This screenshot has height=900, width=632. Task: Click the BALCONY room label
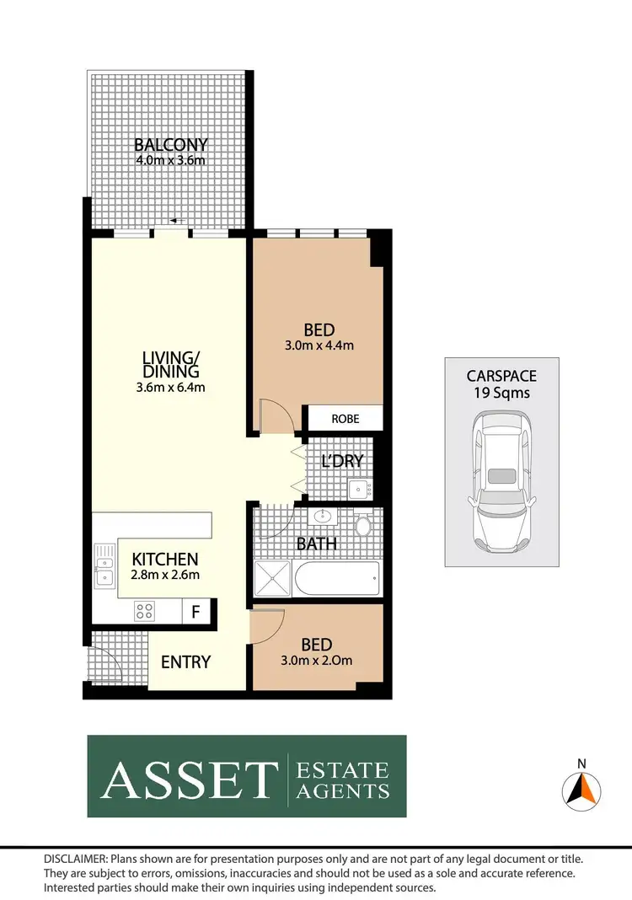pos(171,145)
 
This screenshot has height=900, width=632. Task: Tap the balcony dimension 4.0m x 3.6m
pos(171,159)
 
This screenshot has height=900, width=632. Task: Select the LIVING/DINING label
pos(171,365)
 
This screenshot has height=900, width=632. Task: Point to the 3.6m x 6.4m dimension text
pos(171,388)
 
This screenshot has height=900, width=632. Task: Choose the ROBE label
pos(344,418)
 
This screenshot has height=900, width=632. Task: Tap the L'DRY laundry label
pos(342,461)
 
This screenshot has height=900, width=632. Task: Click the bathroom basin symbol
pos(323,517)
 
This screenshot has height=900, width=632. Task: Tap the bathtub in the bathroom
pos(336,580)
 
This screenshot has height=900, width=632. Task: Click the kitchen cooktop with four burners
pos(144,609)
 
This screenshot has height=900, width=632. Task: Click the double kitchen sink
pos(104,565)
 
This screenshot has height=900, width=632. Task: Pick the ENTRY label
pos(185,662)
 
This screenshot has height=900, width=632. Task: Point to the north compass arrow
pos(581,789)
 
